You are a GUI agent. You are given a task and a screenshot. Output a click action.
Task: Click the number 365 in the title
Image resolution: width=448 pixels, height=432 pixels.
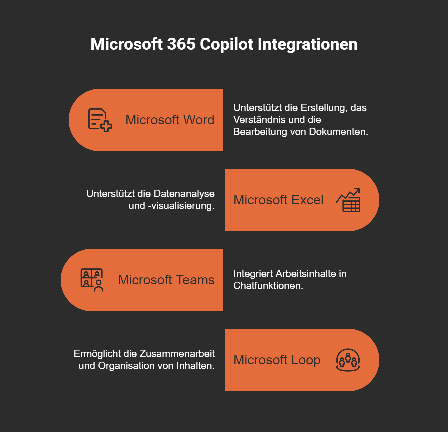[181, 44]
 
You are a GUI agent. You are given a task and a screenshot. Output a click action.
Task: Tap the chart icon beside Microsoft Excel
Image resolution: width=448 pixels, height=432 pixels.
[348, 200]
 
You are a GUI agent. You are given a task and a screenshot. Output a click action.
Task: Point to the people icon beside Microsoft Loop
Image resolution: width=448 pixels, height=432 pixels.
[348, 360]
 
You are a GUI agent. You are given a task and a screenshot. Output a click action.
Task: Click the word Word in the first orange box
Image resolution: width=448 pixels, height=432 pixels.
[199, 120]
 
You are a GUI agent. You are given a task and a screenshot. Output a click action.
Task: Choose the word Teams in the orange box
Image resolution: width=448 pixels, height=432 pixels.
[195, 280]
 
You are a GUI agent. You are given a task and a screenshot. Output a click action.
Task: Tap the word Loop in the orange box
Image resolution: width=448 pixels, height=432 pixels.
[306, 360]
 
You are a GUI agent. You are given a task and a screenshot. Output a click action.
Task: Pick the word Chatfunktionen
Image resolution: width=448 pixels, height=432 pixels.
[268, 286]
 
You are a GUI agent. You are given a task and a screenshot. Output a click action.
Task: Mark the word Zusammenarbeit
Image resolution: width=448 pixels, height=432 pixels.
[177, 354]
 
